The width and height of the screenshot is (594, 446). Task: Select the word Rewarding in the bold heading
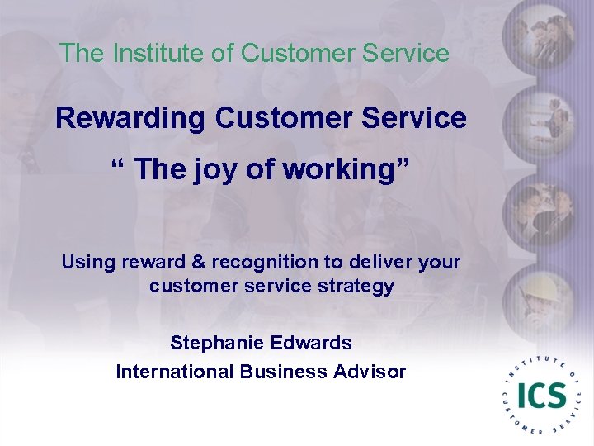click(x=130, y=118)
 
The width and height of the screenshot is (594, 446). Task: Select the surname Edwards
click(x=311, y=342)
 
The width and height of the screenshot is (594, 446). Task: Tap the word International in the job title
click(x=175, y=372)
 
